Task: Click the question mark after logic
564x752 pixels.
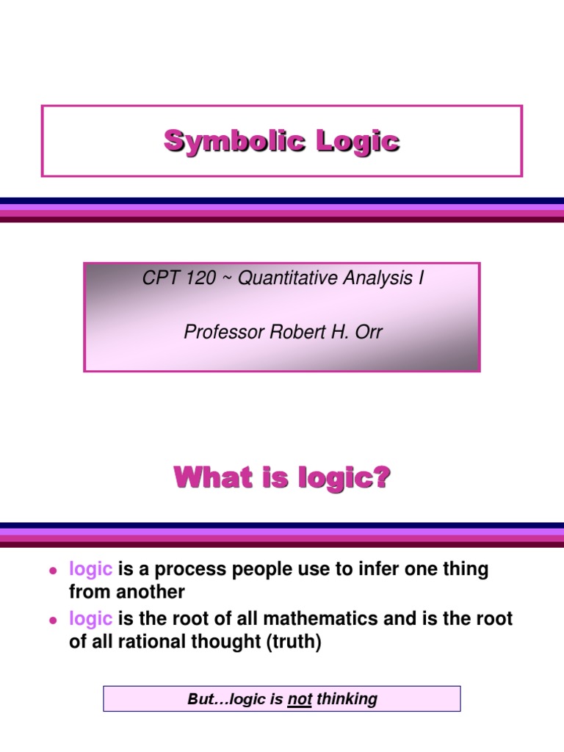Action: click(x=382, y=480)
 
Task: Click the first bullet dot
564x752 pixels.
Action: click(x=53, y=570)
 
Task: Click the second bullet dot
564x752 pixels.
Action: click(x=53, y=620)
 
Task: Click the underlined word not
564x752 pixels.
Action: click(x=300, y=700)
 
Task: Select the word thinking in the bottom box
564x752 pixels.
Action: click(x=347, y=700)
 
